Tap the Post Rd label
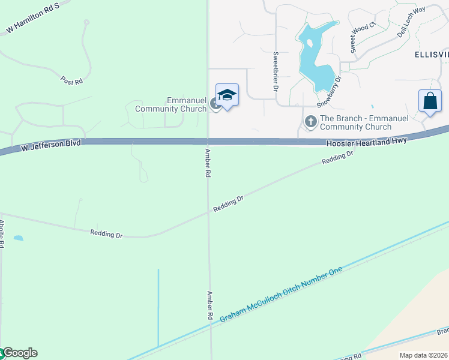click(71, 80)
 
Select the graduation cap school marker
click(227, 95)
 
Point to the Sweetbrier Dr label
click(276, 71)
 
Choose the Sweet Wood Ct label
click(363, 36)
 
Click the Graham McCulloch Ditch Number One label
click(281, 295)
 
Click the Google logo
click(19, 353)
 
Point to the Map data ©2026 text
click(423, 355)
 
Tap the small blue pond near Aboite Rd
click(19, 238)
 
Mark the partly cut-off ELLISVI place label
click(431, 54)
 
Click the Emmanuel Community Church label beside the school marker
click(171, 104)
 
